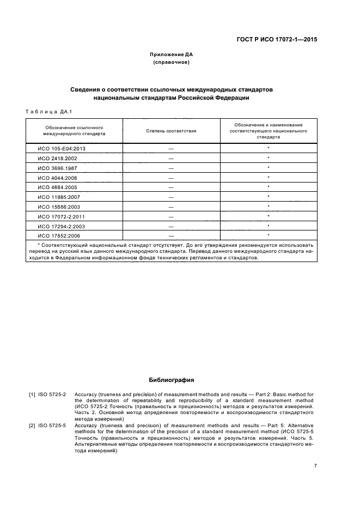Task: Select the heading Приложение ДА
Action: [171, 55]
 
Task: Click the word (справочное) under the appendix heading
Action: [171, 63]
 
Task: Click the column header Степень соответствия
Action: [171, 131]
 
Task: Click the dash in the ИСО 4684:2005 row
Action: [171, 187]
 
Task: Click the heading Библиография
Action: [171, 380]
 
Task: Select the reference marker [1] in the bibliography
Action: [32, 394]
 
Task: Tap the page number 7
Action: [315, 466]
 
